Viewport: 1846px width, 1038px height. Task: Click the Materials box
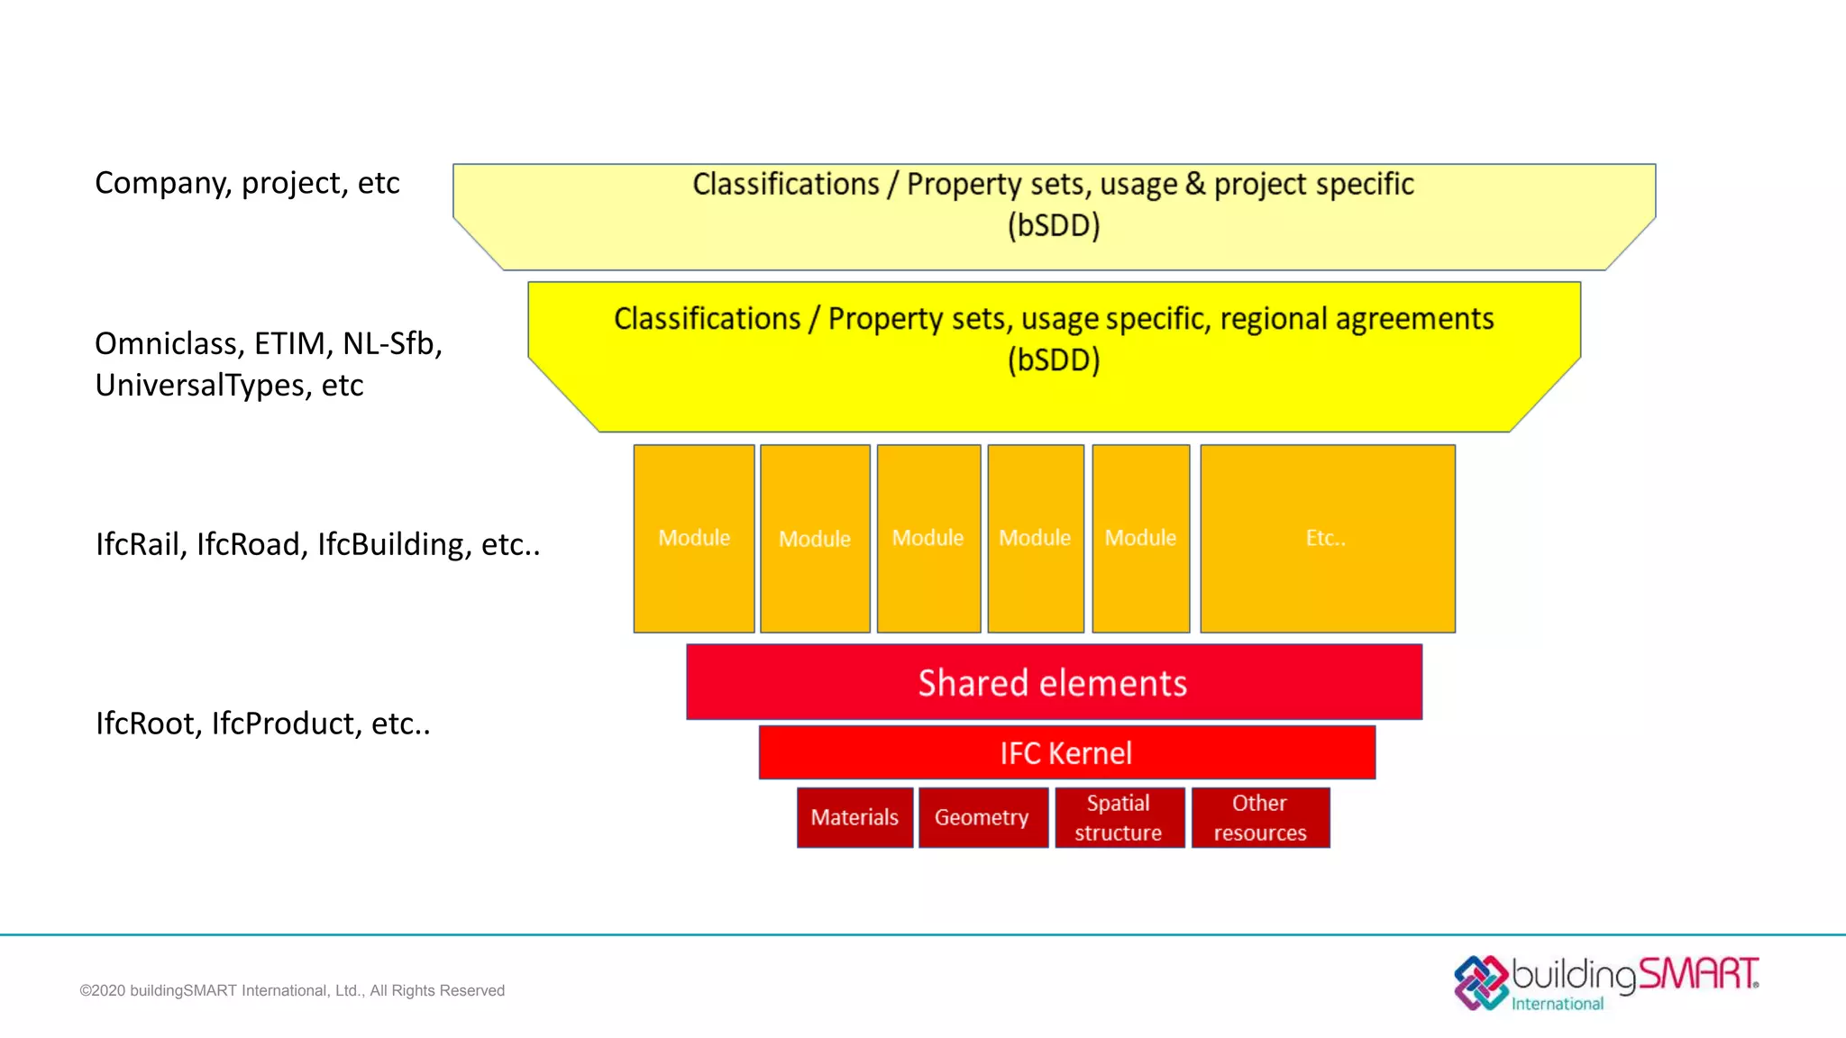tap(854, 817)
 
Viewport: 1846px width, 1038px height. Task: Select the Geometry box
tap(982, 817)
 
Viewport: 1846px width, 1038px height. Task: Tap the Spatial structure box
tap(1119, 817)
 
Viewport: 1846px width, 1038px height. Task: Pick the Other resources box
tap(1260, 817)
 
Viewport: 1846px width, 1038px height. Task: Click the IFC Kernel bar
tap(1066, 752)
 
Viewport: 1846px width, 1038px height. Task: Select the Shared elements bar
tap(1053, 682)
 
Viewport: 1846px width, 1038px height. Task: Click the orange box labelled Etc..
tap(1327, 538)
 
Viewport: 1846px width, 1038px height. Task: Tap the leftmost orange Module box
tap(693, 538)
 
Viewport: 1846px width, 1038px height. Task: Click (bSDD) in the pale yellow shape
tap(1054, 225)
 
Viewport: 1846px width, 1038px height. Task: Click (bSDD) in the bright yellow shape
tap(1054, 360)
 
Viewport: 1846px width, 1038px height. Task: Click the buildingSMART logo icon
tap(1480, 982)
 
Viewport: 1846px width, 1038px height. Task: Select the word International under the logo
tap(1557, 1004)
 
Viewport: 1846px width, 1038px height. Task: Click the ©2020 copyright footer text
tap(292, 990)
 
